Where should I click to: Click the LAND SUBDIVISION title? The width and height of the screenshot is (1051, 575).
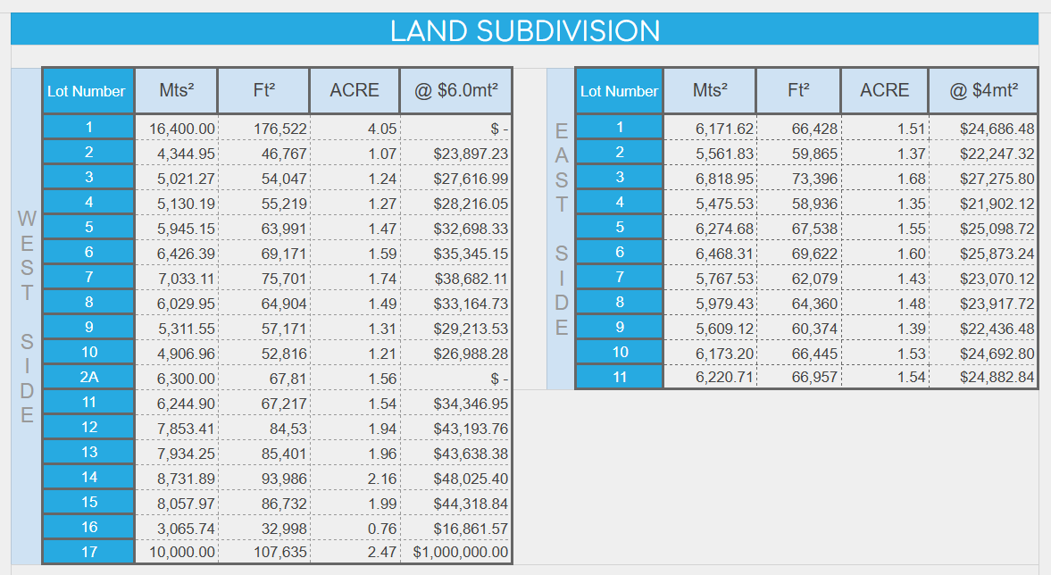point(525,30)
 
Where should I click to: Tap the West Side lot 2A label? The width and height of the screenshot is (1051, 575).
point(88,378)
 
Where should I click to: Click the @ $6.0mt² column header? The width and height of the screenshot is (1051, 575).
point(455,90)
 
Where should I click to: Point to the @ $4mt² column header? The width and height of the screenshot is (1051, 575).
point(982,90)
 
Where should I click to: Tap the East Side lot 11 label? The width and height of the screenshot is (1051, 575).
point(619,378)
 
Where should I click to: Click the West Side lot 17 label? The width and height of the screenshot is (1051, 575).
point(88,553)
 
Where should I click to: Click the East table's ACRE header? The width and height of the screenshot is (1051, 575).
point(884,90)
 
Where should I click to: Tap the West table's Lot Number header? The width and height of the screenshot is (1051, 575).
point(87,91)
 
